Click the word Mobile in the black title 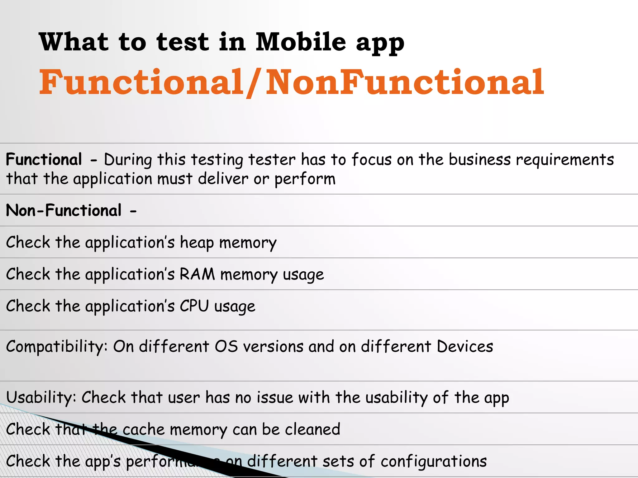pyautogui.click(x=301, y=42)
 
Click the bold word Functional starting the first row pyautogui.click(x=44, y=159)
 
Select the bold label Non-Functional pyautogui.click(x=64, y=210)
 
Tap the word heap pyautogui.click(x=197, y=242)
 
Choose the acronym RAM pyautogui.click(x=197, y=274)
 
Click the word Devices pyautogui.click(x=465, y=346)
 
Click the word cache pyautogui.click(x=143, y=429)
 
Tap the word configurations pyautogui.click(x=434, y=461)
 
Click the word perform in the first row pyautogui.click(x=305, y=179)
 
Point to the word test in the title pyautogui.click(x=183, y=42)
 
